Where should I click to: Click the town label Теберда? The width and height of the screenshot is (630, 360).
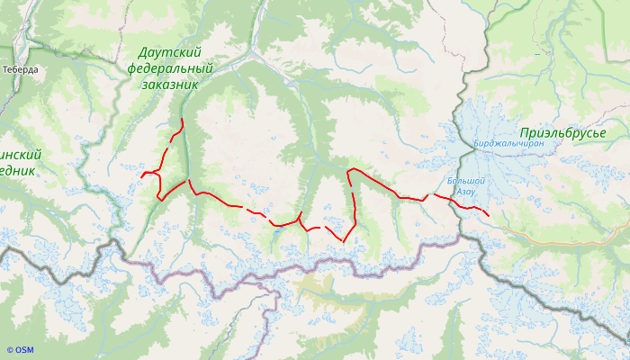[x=20, y=69]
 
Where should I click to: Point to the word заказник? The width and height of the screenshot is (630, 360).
[x=169, y=84]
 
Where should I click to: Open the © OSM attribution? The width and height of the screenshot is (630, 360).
[x=19, y=350]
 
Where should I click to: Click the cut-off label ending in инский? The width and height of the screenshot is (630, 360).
[x=20, y=155]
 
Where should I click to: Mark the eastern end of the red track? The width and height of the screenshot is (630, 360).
[x=488, y=214]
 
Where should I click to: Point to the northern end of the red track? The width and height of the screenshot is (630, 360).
[x=182, y=119]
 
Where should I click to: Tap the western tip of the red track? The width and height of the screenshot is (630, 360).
[x=141, y=175]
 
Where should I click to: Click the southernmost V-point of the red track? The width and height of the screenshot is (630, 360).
[x=343, y=241]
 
